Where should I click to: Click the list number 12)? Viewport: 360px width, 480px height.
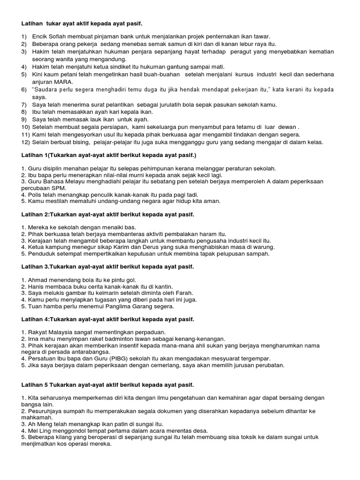click(25, 142)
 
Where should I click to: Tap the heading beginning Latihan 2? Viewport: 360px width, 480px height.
click(107, 214)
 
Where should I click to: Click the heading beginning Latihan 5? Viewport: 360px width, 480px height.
click(107, 385)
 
